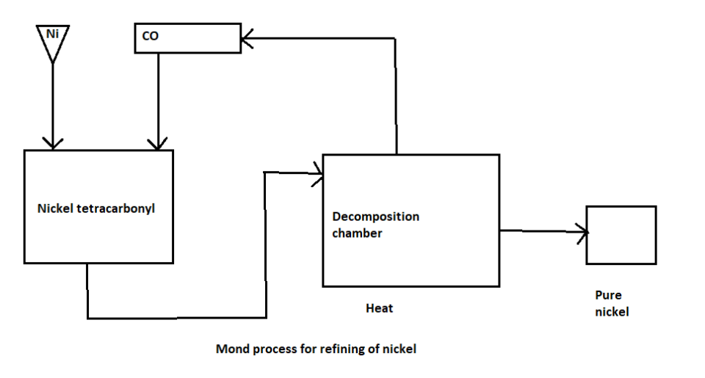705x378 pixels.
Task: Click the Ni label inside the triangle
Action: tap(52, 34)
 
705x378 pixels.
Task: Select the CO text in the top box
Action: tap(149, 35)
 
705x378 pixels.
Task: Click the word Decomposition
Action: tap(376, 217)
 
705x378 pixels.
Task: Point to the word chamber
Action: tap(358, 233)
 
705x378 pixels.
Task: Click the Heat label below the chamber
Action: tap(379, 308)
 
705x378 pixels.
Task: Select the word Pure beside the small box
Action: tap(608, 295)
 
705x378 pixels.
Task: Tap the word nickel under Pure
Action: tap(612, 312)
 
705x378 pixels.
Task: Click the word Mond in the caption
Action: tap(231, 349)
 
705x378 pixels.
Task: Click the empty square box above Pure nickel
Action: tap(621, 235)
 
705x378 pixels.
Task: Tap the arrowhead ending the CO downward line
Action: tap(158, 143)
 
